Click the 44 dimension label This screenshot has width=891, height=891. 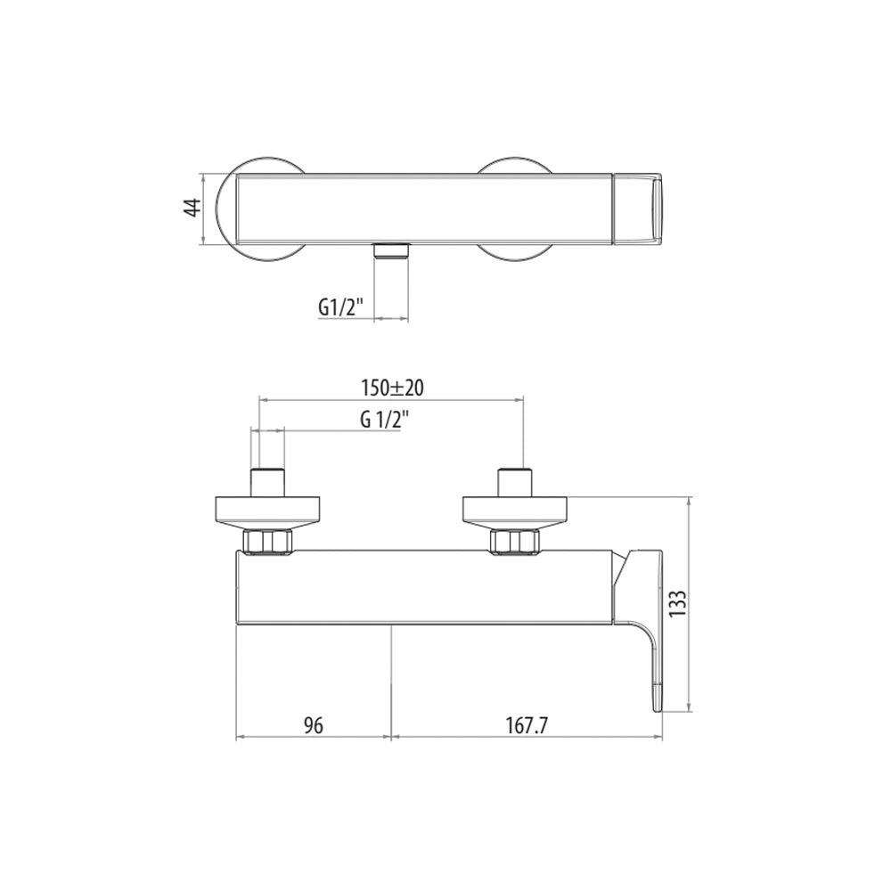[x=193, y=207]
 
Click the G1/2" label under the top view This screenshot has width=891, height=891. [x=339, y=307]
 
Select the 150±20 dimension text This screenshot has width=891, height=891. [x=393, y=388]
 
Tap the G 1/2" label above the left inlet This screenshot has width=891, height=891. [x=385, y=421]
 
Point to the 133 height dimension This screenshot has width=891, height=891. [x=679, y=604]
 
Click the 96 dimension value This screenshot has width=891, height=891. [x=313, y=725]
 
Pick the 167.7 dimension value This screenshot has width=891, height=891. [x=527, y=725]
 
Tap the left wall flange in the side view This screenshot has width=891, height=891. [x=267, y=512]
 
